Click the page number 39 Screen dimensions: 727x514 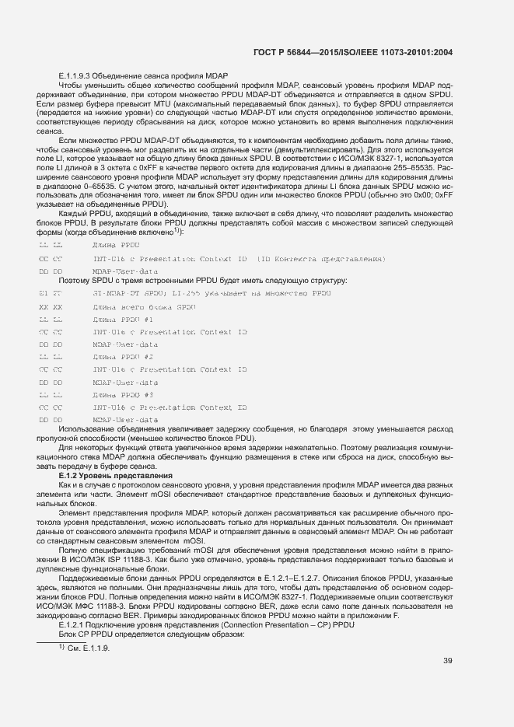click(447, 661)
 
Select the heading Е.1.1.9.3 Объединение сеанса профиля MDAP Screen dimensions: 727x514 click(143, 75)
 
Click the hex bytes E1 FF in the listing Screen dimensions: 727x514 click(49, 294)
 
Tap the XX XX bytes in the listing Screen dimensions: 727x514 click(49, 307)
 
